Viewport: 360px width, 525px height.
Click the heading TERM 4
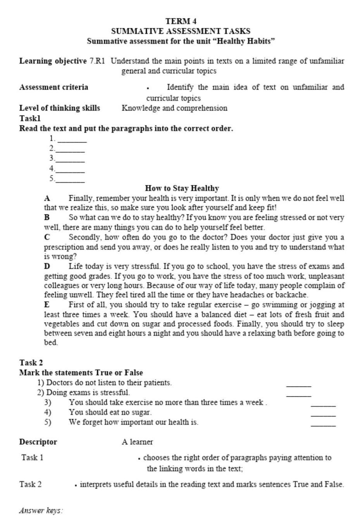pos(181,21)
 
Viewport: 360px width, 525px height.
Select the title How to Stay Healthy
pos(182,188)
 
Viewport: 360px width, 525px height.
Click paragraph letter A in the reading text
pos(47,198)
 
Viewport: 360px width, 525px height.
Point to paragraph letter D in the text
pos(47,266)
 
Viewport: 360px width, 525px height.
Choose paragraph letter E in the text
pos(47,305)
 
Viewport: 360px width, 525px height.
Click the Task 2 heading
pos(31,363)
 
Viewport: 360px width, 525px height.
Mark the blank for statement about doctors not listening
pos(298,385)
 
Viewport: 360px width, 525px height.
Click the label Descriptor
pos(38,442)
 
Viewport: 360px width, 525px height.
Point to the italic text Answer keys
pos(41,510)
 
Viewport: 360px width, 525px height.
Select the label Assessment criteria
pos(53,87)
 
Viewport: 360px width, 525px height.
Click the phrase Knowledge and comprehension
pos(174,108)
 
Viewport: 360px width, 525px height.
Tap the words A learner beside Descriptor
pos(137,442)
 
